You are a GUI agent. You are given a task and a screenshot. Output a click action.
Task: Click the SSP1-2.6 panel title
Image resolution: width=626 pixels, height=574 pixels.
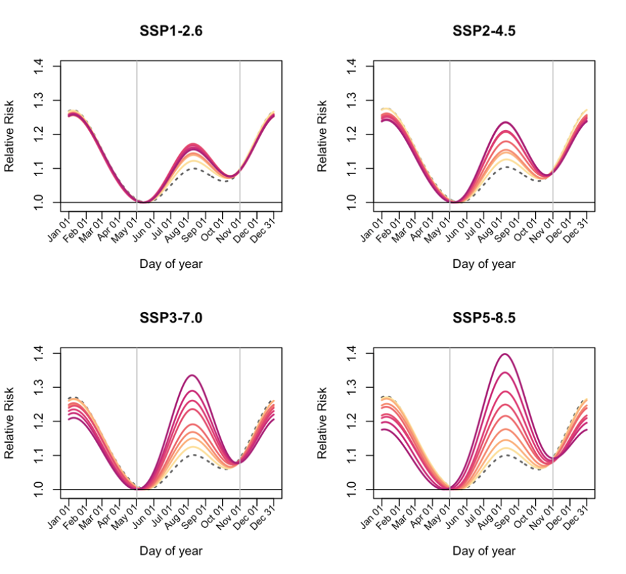[x=171, y=30]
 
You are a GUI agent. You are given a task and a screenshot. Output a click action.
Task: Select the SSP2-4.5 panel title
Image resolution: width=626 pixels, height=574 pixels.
[x=484, y=30]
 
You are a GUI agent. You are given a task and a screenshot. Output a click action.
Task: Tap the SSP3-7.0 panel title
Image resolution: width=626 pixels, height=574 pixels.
[x=171, y=317]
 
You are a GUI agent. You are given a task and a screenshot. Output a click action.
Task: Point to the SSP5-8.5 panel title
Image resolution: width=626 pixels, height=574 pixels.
[x=484, y=317]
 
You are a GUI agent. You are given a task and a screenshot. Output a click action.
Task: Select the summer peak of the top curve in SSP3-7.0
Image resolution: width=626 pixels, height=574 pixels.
[x=192, y=375]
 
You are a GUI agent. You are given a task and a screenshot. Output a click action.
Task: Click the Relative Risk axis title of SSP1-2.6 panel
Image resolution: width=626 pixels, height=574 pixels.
[x=10, y=136]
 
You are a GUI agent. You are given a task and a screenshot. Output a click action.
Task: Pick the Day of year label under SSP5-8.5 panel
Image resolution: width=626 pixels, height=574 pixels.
[x=484, y=551]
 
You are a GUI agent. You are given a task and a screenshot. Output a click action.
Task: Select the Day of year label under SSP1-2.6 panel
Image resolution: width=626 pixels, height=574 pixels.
[x=171, y=264]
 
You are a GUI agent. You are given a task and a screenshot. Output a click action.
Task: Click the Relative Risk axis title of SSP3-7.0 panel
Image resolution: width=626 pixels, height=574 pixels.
[x=10, y=423]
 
